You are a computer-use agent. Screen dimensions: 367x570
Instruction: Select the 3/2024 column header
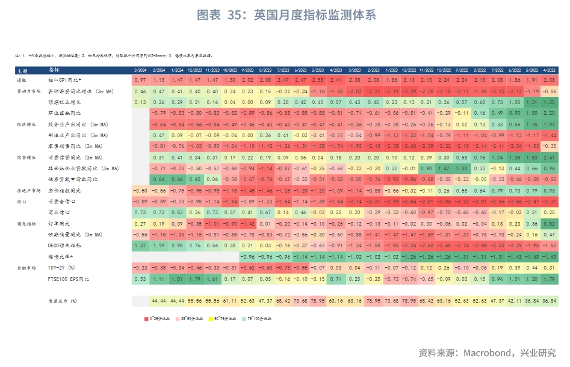pos(140,70)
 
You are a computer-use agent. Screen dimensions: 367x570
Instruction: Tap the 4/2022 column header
pos(548,70)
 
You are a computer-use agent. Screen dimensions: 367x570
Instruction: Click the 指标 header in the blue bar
pos(54,70)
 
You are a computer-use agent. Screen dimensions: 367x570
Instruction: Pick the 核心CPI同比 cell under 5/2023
pos(318,80)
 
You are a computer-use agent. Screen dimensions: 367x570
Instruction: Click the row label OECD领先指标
pos(65,245)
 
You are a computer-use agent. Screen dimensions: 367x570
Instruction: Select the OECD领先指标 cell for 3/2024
pos(140,245)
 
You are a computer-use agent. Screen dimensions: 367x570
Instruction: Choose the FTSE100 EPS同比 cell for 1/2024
pos(177,279)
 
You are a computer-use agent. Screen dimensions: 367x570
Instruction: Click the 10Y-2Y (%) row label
pos(62,267)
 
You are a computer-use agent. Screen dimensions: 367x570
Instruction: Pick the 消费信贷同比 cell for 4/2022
pos(548,157)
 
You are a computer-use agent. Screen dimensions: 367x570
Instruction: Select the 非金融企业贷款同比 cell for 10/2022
pos(444,168)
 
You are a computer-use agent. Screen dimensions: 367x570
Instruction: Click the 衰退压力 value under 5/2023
pos(318,300)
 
